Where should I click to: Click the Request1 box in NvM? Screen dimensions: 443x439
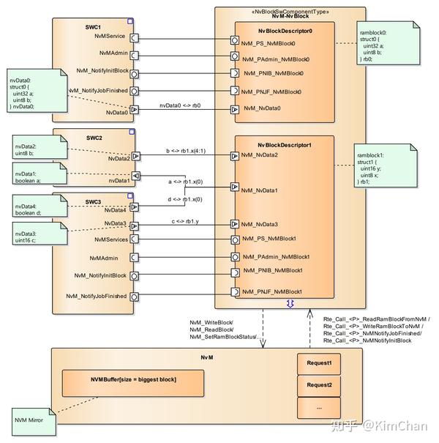[x=319, y=363]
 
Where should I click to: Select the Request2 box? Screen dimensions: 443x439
[x=319, y=385]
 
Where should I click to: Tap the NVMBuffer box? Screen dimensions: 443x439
[x=134, y=380]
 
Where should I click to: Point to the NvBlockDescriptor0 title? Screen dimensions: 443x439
[x=285, y=31]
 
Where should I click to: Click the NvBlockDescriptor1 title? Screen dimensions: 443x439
[x=285, y=145]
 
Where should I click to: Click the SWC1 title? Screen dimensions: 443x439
[x=93, y=26]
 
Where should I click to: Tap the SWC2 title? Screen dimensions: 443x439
[x=93, y=138]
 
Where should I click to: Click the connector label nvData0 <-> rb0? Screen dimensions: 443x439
[x=180, y=105]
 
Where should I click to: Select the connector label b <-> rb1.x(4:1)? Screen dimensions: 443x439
[x=184, y=152]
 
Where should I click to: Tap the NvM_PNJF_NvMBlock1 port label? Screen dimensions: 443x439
[x=271, y=292]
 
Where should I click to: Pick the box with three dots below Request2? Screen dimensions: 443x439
[x=319, y=407]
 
